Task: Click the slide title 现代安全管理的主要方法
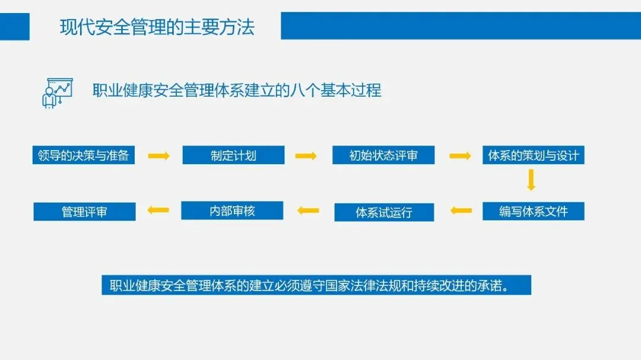click(157, 27)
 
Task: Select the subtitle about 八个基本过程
click(237, 90)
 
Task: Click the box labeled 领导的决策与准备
click(83, 155)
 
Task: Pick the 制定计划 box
click(233, 155)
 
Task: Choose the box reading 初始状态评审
click(383, 155)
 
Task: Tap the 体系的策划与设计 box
click(532, 155)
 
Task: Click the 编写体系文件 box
click(533, 211)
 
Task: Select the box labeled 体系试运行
click(383, 212)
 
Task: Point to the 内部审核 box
click(232, 211)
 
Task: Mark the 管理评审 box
click(84, 212)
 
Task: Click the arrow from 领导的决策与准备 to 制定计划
click(158, 156)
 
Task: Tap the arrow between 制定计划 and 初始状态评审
click(306, 156)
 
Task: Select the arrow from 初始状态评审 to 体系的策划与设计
click(459, 156)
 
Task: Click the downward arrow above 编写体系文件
click(531, 180)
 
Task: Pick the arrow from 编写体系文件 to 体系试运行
click(461, 210)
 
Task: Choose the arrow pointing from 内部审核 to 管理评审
click(158, 209)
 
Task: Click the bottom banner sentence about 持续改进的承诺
click(316, 285)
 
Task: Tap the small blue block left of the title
click(14, 26)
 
